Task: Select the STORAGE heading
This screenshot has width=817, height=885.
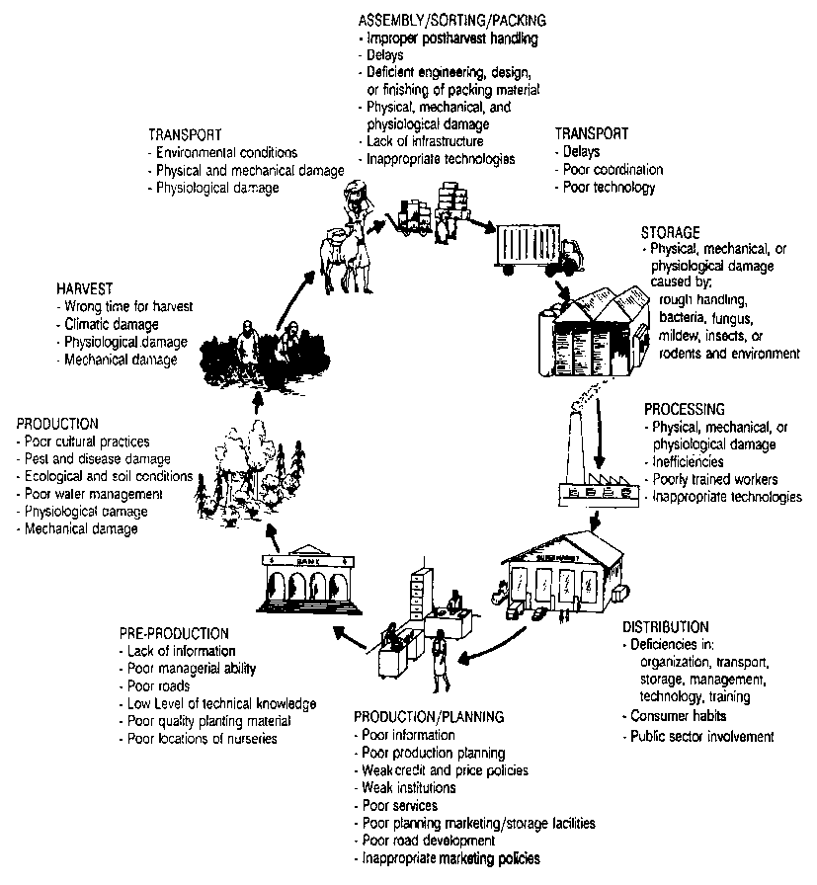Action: [672, 232]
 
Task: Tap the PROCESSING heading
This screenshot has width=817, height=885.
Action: [685, 408]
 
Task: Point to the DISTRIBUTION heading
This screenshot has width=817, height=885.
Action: [665, 627]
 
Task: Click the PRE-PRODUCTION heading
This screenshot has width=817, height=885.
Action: [174, 633]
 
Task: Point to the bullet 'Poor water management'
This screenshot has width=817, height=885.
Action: [94, 494]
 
